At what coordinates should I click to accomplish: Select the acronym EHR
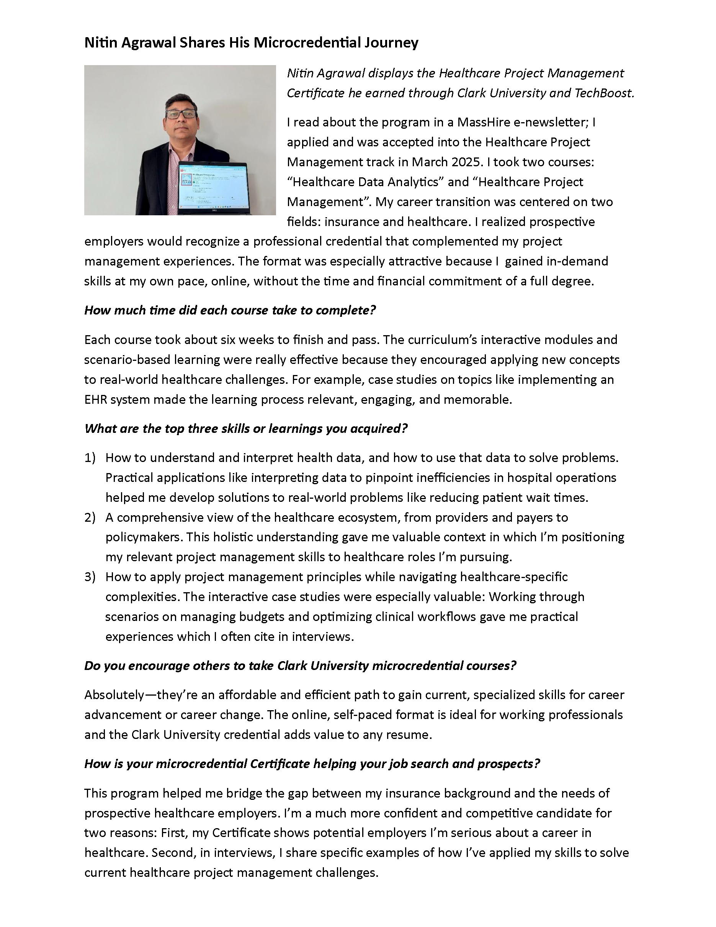95,400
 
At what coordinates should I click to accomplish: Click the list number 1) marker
90,457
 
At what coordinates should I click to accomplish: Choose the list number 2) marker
90,518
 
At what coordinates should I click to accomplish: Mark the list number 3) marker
90,577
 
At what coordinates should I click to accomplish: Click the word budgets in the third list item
261,617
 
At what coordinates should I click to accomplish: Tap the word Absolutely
114,695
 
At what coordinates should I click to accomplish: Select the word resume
410,735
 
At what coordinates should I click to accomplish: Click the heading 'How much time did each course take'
230,310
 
